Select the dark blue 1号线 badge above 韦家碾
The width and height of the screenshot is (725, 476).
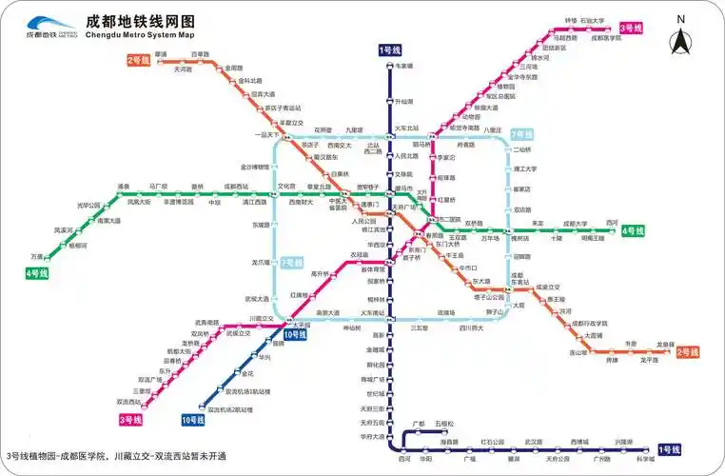[390, 50]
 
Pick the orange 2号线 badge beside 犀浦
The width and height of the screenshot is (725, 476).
[139, 60]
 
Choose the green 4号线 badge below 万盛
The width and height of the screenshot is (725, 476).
[36, 273]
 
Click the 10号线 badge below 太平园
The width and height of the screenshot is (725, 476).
[295, 334]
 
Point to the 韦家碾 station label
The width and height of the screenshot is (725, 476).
[404, 66]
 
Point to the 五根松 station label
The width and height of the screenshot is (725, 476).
[446, 423]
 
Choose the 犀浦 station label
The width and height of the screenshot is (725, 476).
[160, 54]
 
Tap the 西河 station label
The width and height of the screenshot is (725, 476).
[611, 223]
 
